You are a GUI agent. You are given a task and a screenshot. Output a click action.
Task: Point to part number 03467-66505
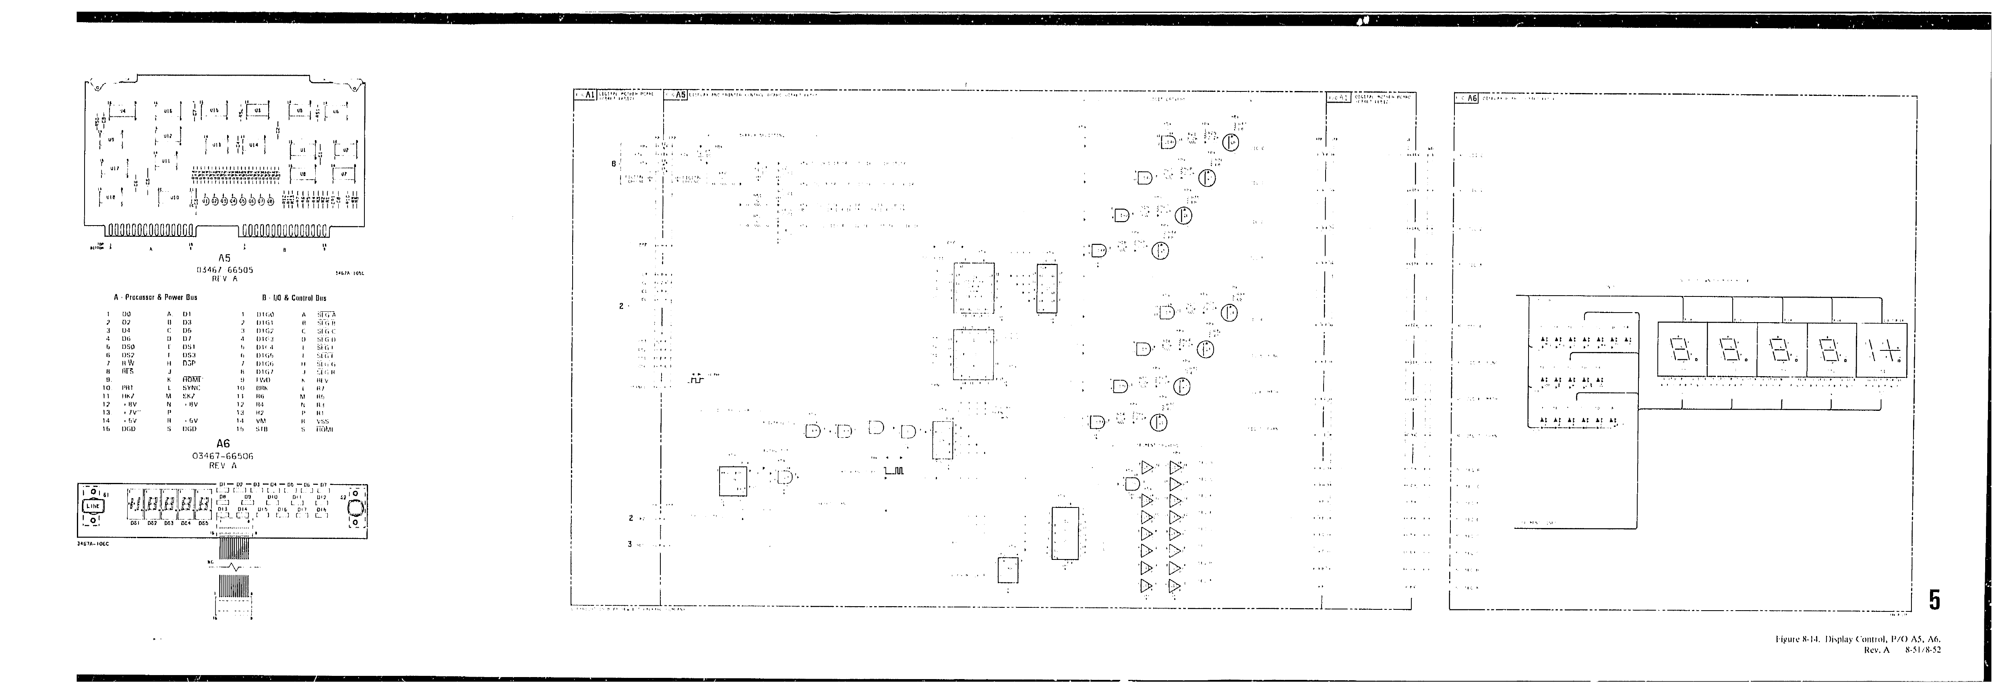pos(224,270)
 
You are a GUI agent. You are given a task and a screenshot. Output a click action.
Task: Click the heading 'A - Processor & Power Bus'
pos(155,297)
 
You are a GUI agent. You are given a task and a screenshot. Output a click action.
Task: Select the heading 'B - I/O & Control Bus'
pos(294,297)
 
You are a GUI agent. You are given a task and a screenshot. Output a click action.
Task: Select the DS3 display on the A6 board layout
pos(167,506)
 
